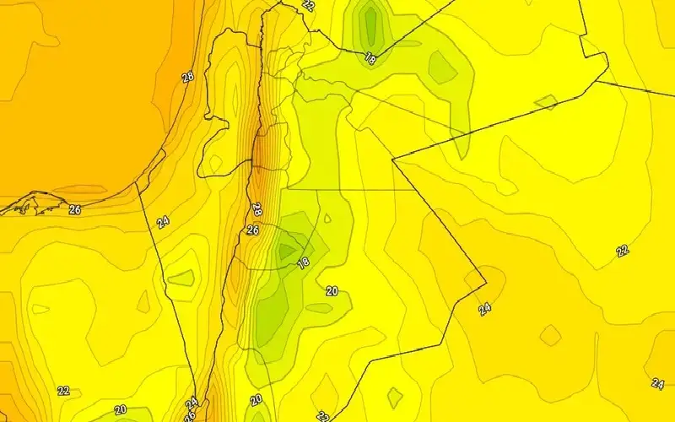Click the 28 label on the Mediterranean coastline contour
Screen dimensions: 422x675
pos(188,78)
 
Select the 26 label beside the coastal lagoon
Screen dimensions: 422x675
pos(74,209)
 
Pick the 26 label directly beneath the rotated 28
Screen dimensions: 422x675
pos(252,230)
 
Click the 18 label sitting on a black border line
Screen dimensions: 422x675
pos(370,58)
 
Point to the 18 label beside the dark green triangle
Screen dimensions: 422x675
pos(303,262)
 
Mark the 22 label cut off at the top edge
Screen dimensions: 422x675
pos(308,5)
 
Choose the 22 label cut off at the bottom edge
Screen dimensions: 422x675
pos(322,416)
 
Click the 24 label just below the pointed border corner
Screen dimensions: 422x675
pos(484,309)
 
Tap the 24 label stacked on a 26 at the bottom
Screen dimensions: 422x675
pos(192,403)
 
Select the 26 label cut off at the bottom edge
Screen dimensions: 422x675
pos(189,416)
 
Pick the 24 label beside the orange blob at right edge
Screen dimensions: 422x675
pos(657,383)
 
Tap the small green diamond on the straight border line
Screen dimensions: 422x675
pos(546,102)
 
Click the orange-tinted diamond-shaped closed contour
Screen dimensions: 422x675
pos(550,335)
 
